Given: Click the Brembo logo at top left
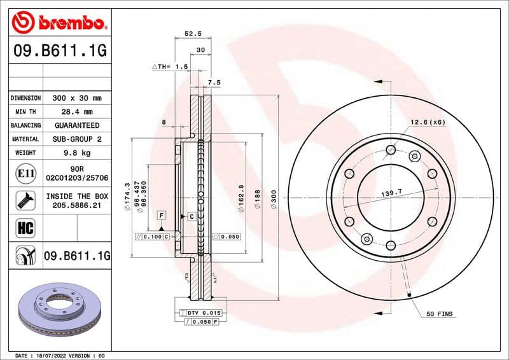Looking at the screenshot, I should [59, 24].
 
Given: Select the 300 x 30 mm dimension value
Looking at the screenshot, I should [76, 98].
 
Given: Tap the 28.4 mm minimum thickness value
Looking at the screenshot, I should [76, 112].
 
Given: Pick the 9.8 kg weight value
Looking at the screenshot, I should [76, 153].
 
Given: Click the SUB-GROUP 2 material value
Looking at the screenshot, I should [76, 139].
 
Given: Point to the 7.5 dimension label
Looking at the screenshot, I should [214, 82].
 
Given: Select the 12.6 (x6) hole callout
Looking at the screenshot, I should [427, 121].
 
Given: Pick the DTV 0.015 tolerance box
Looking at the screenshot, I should [202, 313].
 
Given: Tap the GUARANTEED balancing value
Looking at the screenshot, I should [76, 125].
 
